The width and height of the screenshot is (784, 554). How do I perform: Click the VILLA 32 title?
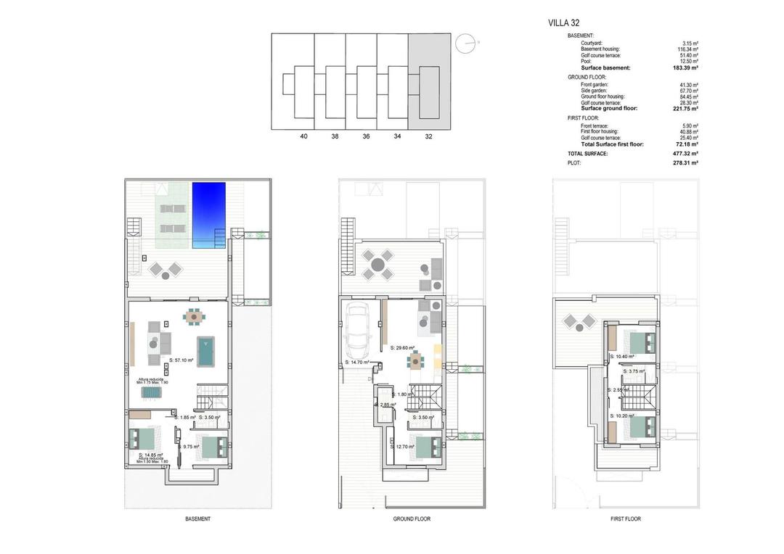[x=564, y=23]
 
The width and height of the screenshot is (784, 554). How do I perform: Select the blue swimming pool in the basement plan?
[x=208, y=215]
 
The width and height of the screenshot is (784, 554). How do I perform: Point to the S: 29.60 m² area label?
[x=403, y=348]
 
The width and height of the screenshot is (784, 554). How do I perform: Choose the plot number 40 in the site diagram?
[x=303, y=136]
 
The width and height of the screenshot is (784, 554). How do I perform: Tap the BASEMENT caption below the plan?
[x=197, y=518]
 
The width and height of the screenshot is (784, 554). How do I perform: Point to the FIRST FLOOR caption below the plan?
[x=625, y=518]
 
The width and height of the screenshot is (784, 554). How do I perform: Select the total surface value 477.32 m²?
[x=685, y=154]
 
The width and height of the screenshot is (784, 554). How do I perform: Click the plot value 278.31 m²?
[x=685, y=163]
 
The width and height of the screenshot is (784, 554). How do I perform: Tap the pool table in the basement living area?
[x=208, y=352]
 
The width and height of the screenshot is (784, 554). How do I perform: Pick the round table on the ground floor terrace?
[x=377, y=265]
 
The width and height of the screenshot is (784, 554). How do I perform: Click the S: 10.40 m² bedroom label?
[x=622, y=357]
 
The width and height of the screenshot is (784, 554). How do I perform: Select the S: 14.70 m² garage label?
[x=357, y=362]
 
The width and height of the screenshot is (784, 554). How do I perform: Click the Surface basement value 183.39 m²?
[x=685, y=67]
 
